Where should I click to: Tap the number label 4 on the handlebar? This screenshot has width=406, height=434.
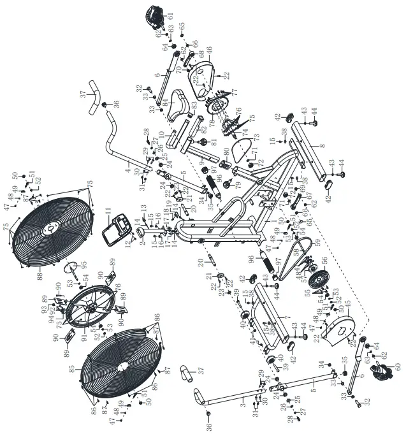pyautogui.click(x=129, y=170)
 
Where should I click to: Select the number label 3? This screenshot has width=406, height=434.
pyautogui.click(x=243, y=405)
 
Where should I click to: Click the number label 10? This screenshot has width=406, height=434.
pyautogui.click(x=162, y=134)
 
